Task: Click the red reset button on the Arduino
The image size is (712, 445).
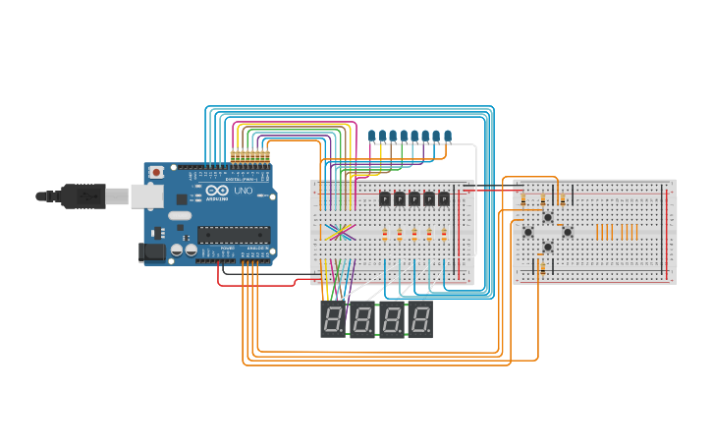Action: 156,172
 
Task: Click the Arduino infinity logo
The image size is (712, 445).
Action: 215,190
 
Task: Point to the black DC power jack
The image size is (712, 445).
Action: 153,252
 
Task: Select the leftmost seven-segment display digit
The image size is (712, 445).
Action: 333,320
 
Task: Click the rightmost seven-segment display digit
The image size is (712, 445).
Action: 420,320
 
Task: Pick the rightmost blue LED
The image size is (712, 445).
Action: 448,135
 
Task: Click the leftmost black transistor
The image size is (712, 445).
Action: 385,198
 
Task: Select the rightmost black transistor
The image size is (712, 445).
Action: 444,198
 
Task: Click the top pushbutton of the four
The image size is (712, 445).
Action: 547,217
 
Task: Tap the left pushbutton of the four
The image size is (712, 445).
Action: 527,232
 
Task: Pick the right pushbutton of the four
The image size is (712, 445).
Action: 567,232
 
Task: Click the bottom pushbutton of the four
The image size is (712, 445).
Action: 547,247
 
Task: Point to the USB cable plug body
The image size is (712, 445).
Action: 83,196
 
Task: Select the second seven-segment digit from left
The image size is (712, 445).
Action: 362,320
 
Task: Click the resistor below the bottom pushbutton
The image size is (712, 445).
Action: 542,267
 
